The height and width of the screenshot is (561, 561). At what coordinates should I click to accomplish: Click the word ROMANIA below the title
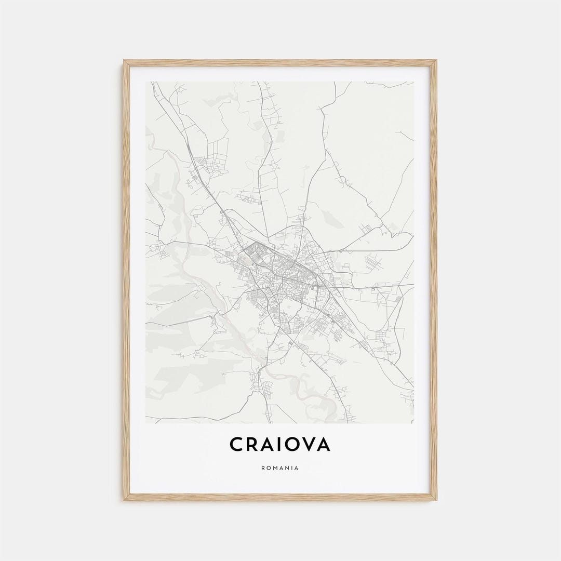point(280,468)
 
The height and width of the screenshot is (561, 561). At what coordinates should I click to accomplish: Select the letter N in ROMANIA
point(287,468)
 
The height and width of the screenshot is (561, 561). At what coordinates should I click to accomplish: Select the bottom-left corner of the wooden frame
point(124,500)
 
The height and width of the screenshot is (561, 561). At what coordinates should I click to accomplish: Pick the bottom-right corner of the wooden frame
point(436,500)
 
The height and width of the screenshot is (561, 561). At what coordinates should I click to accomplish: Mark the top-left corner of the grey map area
point(146,82)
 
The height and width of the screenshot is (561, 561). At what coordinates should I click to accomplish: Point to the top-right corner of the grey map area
point(414,82)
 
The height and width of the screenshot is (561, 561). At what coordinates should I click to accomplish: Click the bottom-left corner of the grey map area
point(146,423)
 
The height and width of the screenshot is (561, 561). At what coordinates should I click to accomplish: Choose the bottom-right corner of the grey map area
point(414,423)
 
